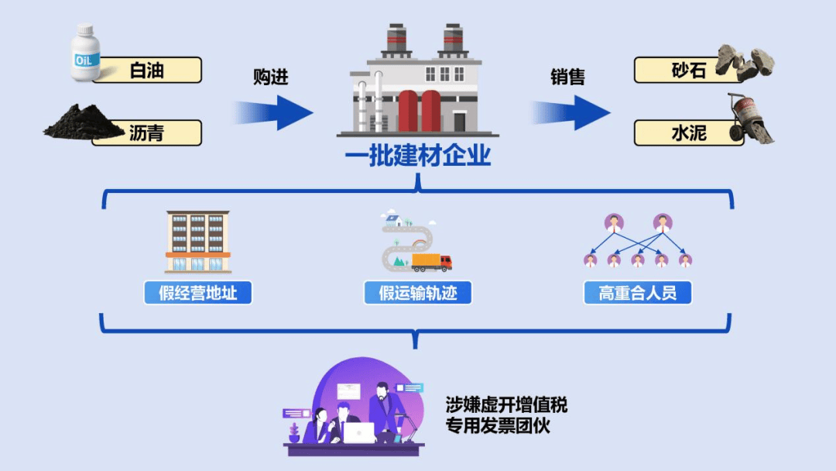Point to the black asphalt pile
pyautogui.click(x=81, y=124)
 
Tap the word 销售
pyautogui.click(x=567, y=77)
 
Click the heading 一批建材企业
pyautogui.click(x=418, y=157)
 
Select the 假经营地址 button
pyautogui.click(x=198, y=293)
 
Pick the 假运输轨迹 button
pyautogui.click(x=418, y=293)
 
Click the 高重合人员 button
pyautogui.click(x=637, y=293)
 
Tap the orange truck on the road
pyautogui.click(x=431, y=262)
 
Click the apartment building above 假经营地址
pyautogui.click(x=197, y=242)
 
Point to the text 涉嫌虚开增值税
pyautogui.click(x=506, y=404)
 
